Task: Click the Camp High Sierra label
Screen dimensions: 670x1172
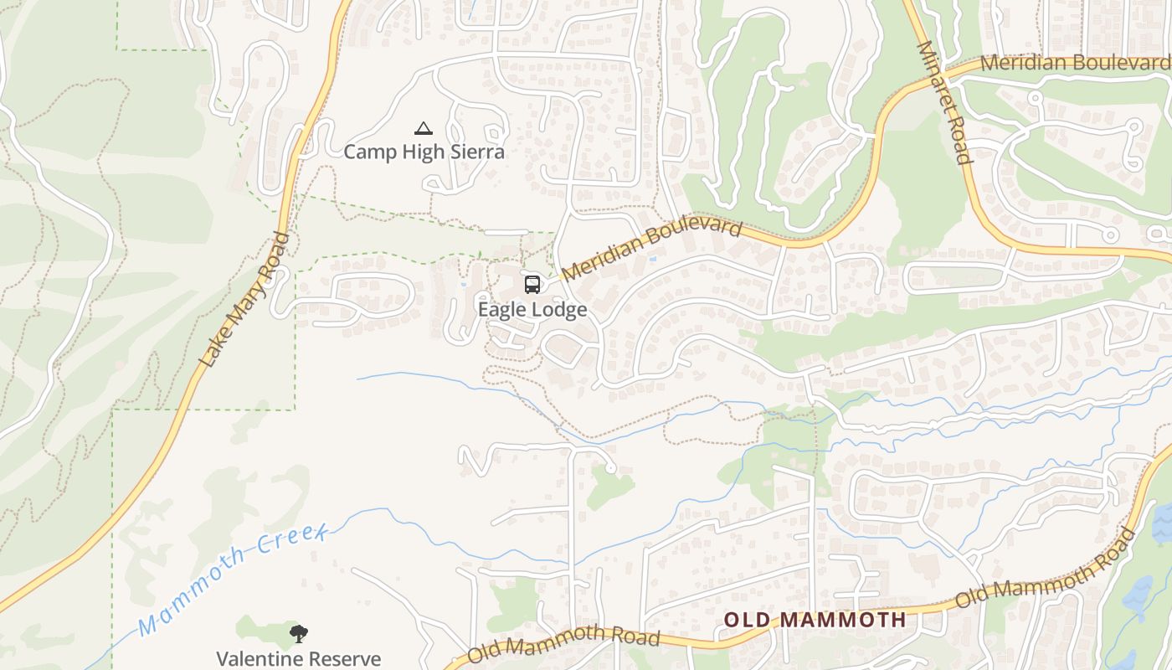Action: (x=424, y=152)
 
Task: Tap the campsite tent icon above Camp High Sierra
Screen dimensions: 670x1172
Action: (x=424, y=129)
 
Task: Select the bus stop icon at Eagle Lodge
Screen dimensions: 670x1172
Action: (x=532, y=285)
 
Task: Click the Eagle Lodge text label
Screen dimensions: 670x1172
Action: (x=532, y=310)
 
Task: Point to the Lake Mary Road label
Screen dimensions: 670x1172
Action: (x=244, y=300)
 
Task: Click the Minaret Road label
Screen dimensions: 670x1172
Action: (x=945, y=102)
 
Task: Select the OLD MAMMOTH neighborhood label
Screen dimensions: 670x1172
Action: (x=815, y=620)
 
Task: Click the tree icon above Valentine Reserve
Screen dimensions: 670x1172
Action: (x=298, y=634)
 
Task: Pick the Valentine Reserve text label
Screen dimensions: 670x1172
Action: (x=298, y=659)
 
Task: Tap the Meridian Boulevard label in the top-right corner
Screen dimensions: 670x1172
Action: (x=1074, y=63)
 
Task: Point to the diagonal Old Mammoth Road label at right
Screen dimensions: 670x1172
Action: (x=1046, y=568)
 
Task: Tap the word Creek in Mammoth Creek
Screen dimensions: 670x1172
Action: (x=291, y=544)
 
